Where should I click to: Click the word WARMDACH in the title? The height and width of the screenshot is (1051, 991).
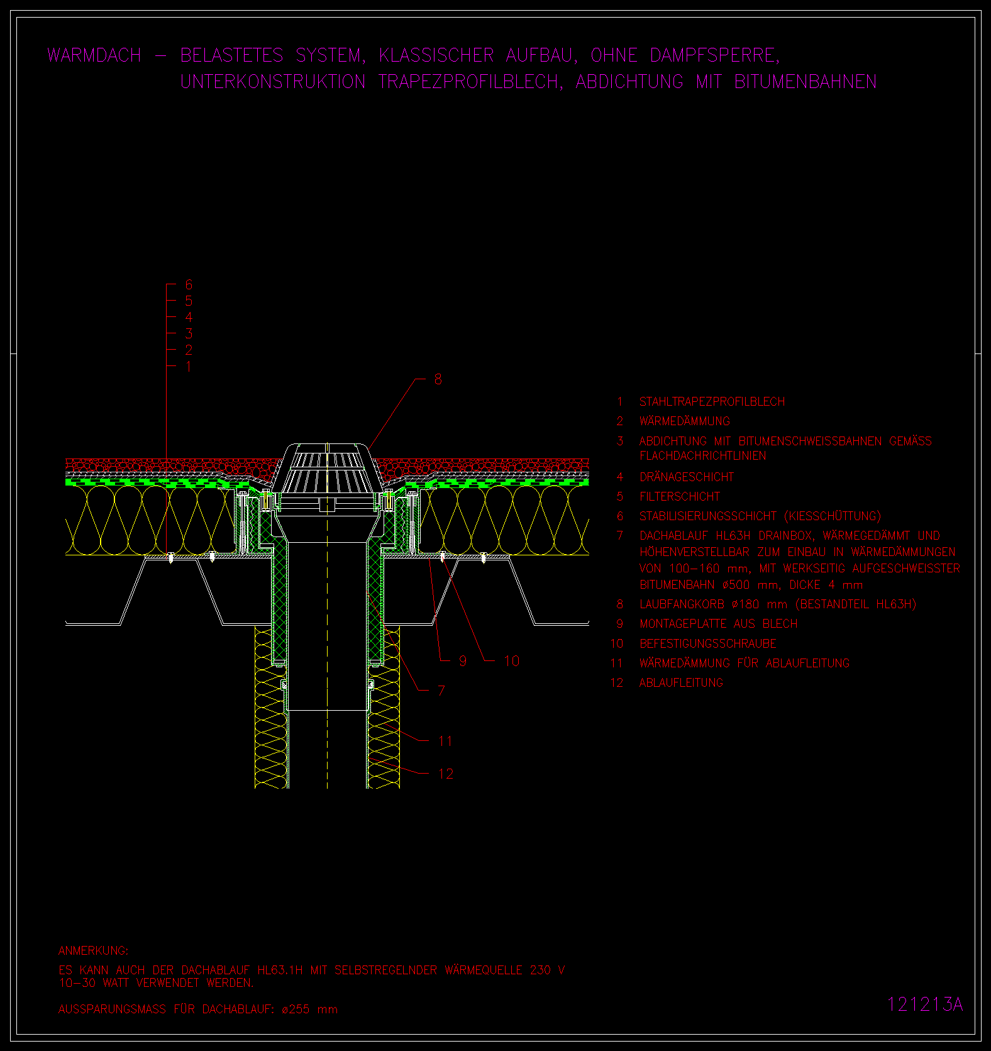(94, 55)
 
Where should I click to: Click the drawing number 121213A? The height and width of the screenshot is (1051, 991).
(925, 1004)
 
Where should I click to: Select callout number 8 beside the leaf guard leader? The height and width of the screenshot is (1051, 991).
(438, 379)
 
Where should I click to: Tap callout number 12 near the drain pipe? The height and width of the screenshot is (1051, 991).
(446, 774)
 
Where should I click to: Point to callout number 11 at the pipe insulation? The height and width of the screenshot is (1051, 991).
(445, 741)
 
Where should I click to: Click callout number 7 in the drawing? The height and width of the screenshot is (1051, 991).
(441, 691)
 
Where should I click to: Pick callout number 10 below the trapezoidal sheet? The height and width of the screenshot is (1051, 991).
(512, 661)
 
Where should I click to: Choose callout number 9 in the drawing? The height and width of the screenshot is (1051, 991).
(463, 661)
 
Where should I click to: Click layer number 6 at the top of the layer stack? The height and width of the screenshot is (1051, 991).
(189, 285)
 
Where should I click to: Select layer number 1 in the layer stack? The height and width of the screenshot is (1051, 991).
(188, 367)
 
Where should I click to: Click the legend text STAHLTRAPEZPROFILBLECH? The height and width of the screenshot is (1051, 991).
(712, 402)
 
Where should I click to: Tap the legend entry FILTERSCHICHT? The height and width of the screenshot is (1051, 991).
(680, 497)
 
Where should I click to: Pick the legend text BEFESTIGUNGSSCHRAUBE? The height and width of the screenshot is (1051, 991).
(708, 644)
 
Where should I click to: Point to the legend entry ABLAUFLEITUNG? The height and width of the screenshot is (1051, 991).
(681, 683)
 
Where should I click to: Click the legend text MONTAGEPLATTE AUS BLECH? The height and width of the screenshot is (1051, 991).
(719, 624)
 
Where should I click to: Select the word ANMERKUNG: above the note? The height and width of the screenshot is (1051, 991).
(93, 951)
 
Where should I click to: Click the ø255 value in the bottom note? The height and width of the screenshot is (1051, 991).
(296, 1009)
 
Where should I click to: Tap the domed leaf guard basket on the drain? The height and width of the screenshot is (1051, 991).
(327, 469)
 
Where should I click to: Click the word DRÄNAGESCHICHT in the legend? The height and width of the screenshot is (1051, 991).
(687, 477)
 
